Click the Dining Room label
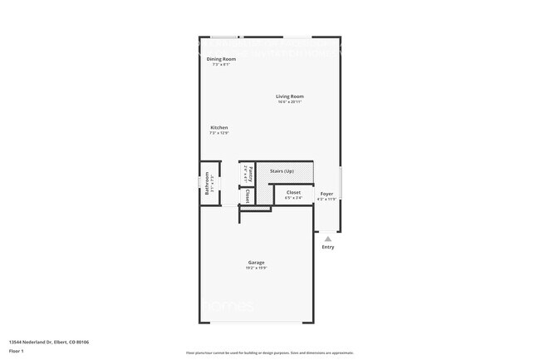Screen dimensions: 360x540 (x=221, y=59)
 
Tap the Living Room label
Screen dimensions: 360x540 (x=290, y=96)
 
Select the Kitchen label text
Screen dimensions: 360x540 (x=218, y=127)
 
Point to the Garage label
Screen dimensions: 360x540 (x=256, y=262)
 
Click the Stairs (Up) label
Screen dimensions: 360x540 (x=282, y=171)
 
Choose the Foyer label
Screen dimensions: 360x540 (x=327, y=193)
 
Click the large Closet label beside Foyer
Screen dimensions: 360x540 (x=294, y=192)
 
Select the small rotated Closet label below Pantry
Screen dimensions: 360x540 (x=248, y=196)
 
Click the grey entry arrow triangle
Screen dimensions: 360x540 (x=328, y=239)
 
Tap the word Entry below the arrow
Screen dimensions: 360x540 (x=328, y=247)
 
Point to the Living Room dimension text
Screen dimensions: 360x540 (x=290, y=102)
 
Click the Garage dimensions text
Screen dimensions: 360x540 (x=256, y=268)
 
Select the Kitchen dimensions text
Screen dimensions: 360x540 (x=218, y=133)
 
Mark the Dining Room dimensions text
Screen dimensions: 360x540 (x=221, y=65)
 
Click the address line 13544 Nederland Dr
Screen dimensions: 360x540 (x=49, y=342)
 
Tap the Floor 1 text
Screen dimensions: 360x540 (x=17, y=351)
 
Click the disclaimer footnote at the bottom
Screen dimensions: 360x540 (x=269, y=353)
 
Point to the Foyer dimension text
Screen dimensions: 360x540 (x=327, y=199)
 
